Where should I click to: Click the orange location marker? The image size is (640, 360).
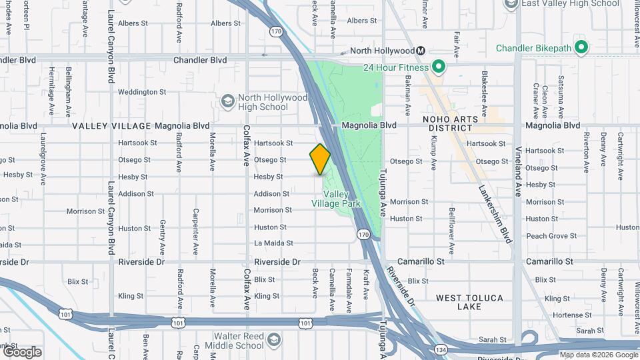tap(321, 159)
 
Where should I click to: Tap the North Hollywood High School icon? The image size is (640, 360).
tap(227, 101)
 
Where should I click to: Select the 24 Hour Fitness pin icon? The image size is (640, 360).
tap(439, 67)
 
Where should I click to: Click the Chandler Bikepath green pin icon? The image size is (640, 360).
tap(581, 48)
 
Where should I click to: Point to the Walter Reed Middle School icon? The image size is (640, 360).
tap(273, 341)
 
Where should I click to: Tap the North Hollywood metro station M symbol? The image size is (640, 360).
tap(421, 51)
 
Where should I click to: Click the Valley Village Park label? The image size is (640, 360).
tap(337, 199)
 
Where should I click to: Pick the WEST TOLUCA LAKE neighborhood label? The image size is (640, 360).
tap(469, 302)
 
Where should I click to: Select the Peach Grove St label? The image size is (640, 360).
tap(551, 236)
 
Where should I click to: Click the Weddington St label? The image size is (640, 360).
tap(142, 92)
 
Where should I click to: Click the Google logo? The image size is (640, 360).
tap(22, 351)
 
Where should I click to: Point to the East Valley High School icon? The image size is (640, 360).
tap(511, 4)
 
